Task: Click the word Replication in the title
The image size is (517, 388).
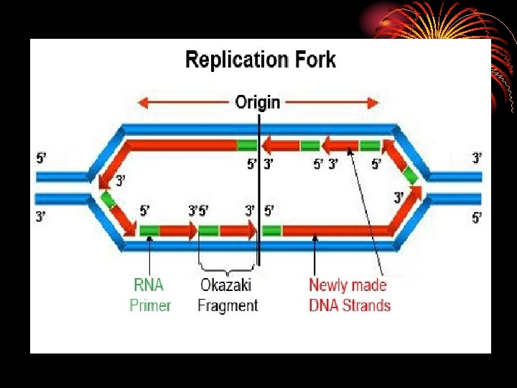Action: (x=234, y=60)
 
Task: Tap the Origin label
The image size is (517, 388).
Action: (x=258, y=102)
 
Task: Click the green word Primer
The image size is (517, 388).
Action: (x=150, y=305)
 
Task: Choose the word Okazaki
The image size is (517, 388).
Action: (x=226, y=285)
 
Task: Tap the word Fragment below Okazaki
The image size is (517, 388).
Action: (x=228, y=305)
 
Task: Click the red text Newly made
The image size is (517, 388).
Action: (x=348, y=285)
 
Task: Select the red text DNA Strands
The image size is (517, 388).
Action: (x=350, y=305)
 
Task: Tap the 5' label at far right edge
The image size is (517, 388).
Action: (x=477, y=218)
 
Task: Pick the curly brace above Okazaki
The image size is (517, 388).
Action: (x=227, y=271)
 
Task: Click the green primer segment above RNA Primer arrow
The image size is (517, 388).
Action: (x=149, y=231)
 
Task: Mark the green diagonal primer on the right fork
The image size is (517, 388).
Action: (x=410, y=175)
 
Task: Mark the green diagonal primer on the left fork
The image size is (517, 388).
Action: (x=108, y=198)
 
